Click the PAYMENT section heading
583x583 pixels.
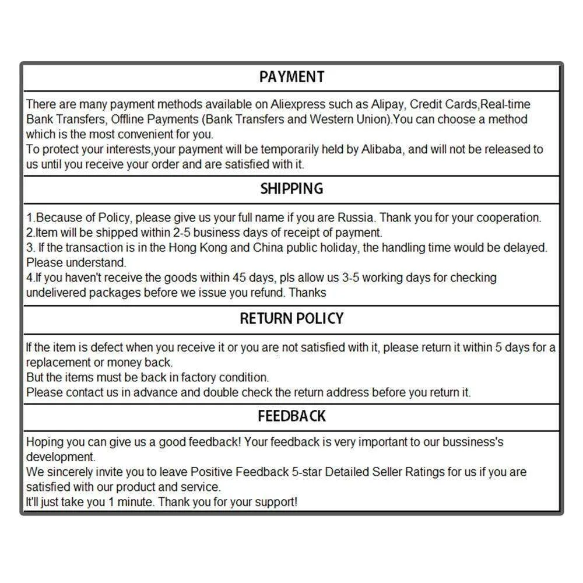(291, 77)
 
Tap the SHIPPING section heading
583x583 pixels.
(291, 189)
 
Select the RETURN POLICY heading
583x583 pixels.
(291, 318)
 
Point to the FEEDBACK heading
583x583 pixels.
(291, 416)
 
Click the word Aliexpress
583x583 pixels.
(297, 104)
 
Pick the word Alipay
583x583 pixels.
(387, 104)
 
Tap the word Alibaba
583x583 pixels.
(381, 149)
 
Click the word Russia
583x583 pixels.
(356, 218)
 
